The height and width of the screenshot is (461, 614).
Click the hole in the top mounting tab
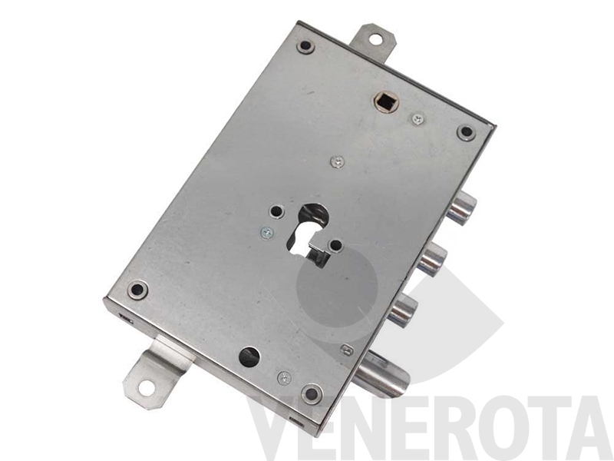tap(375, 39)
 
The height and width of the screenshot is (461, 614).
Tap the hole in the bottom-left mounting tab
tap(146, 389)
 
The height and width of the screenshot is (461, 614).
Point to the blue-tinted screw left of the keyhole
tap(267, 234)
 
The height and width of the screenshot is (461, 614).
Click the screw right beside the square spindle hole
tap(418, 118)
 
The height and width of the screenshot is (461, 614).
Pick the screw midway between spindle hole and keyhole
tap(337, 161)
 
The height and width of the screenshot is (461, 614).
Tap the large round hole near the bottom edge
tap(249, 357)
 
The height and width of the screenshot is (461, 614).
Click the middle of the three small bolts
tap(432, 259)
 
